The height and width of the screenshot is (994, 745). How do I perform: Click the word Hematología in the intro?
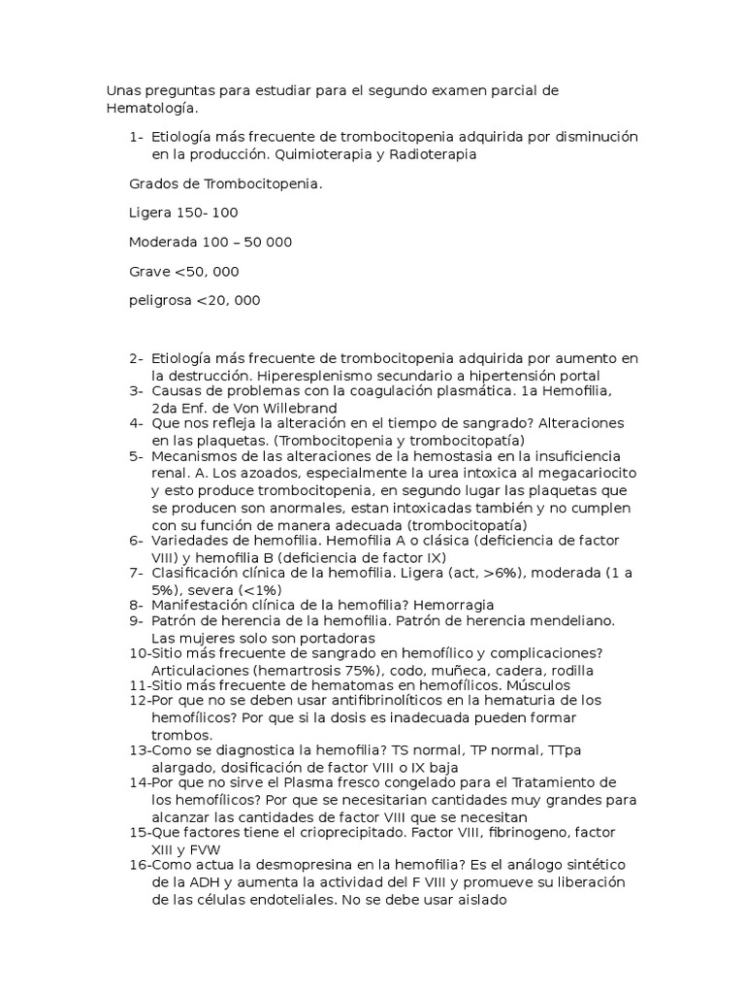(x=146, y=109)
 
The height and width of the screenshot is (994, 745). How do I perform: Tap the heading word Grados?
(x=153, y=183)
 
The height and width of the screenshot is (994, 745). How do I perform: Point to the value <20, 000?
(x=228, y=301)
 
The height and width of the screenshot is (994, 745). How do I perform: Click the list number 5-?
(x=136, y=455)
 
